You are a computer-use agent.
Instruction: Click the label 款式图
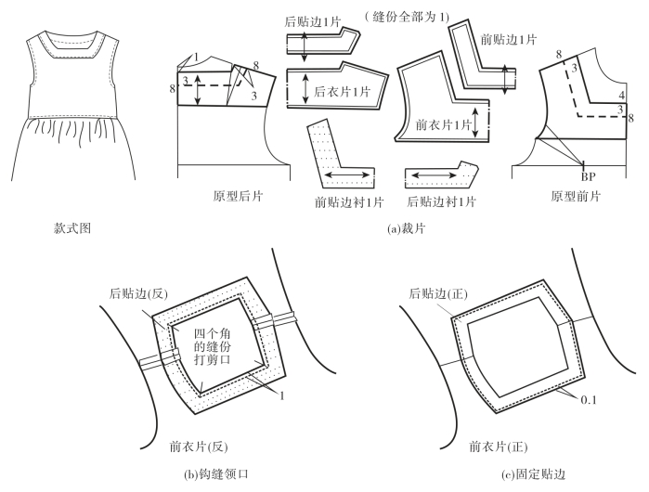(73, 227)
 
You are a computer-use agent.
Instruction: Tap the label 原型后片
(239, 197)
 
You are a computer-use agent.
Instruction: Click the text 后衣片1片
(342, 91)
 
